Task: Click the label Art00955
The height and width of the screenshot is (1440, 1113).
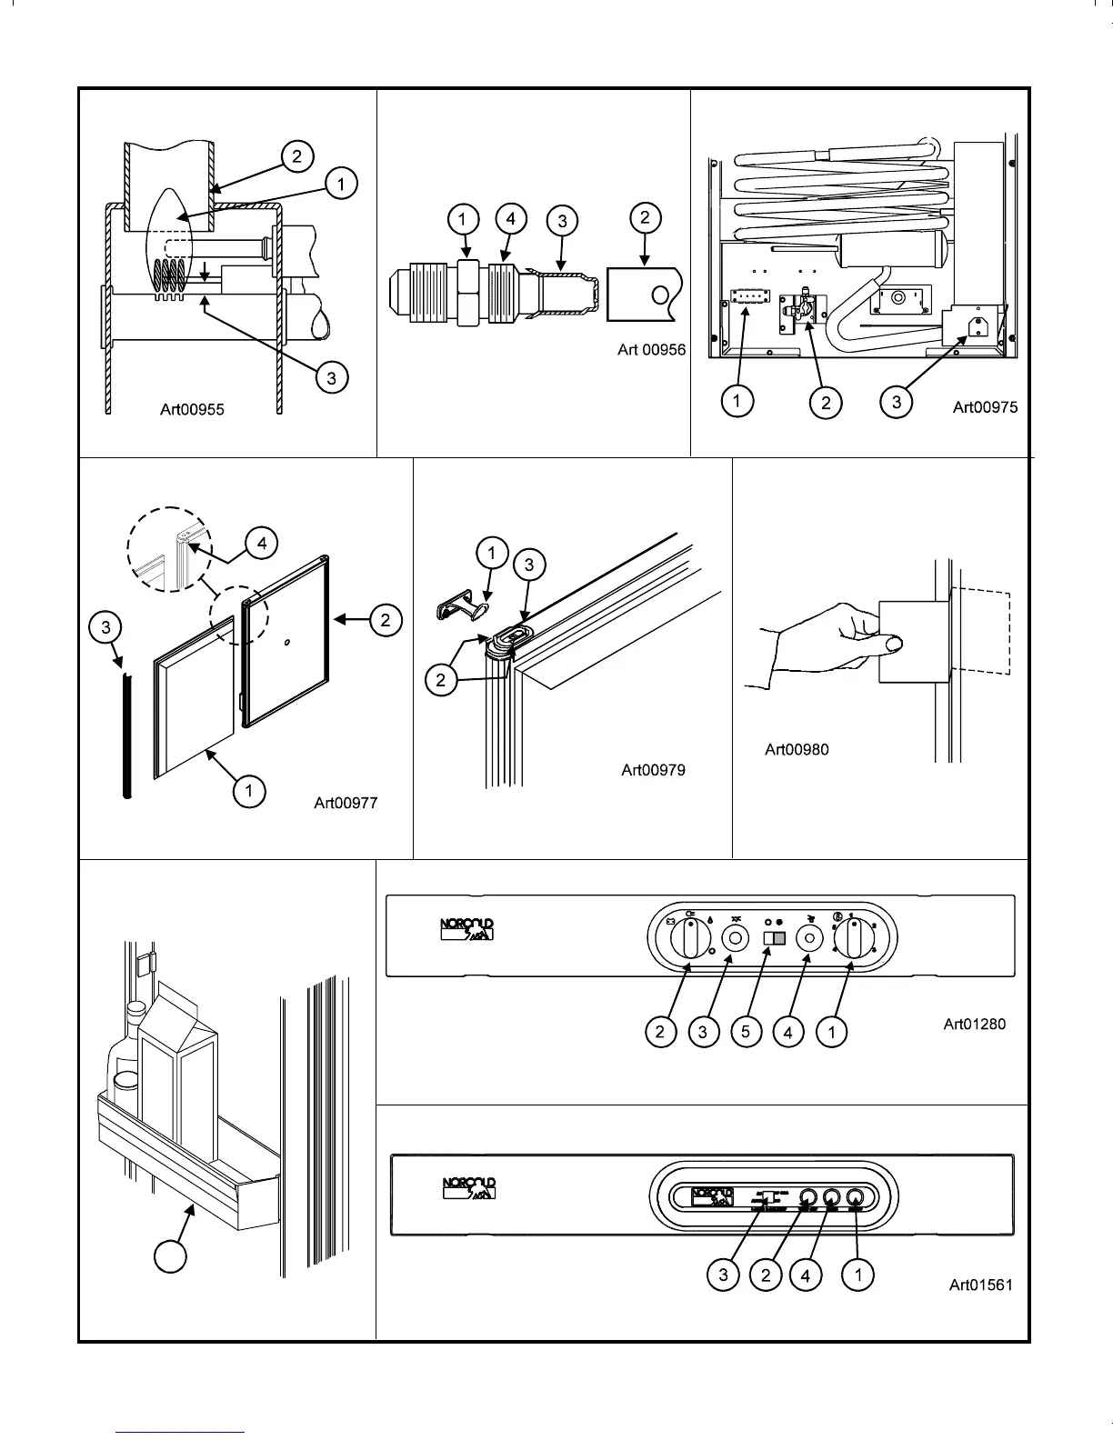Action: [192, 409]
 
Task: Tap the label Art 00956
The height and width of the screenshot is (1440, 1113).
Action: [651, 350]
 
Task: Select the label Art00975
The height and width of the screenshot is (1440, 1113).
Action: [985, 407]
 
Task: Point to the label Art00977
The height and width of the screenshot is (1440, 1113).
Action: [346, 802]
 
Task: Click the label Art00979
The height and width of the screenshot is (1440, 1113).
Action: [653, 770]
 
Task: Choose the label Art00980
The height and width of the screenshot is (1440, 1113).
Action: [797, 749]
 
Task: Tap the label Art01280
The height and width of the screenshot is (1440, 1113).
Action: [974, 1025]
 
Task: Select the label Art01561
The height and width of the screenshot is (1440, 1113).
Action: [980, 1285]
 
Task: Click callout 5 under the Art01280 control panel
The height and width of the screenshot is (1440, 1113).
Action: [746, 1032]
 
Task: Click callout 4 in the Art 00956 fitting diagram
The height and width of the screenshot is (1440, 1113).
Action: [511, 218]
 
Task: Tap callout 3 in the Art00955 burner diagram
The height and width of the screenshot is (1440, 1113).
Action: [332, 376]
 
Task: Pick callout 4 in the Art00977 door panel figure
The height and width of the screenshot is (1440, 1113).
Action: [262, 544]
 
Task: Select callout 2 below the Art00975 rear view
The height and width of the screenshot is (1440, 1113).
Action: [826, 402]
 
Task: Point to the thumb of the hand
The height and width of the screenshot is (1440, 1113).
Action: [893, 645]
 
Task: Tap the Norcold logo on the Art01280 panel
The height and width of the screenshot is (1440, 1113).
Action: [467, 930]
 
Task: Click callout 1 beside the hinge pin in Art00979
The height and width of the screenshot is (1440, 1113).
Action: [492, 553]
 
